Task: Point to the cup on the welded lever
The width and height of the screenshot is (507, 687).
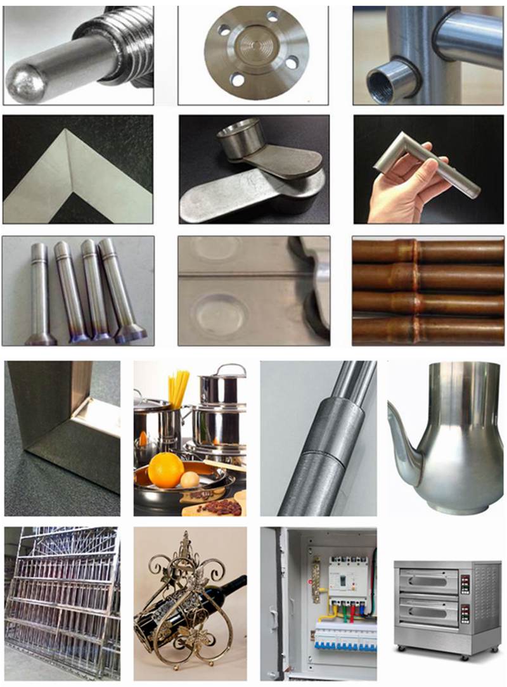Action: coord(240,133)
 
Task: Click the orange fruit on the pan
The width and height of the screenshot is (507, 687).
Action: coord(166,470)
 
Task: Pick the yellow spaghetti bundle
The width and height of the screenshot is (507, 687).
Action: coord(179,388)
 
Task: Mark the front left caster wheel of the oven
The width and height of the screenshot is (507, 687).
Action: coord(400,648)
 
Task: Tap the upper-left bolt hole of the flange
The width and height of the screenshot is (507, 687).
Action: coord(224,29)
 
